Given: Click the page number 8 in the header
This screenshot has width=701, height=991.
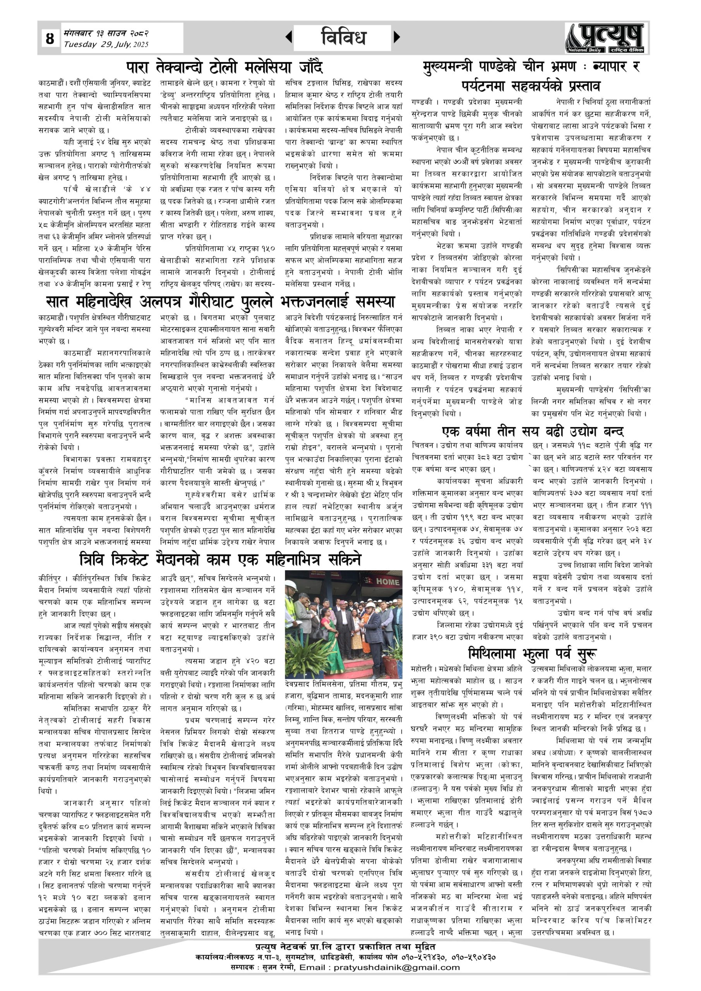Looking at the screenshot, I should click(50, 38).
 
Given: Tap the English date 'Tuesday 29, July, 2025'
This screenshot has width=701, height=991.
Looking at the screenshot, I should click(106, 45).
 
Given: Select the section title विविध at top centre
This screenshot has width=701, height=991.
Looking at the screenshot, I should click(343, 38).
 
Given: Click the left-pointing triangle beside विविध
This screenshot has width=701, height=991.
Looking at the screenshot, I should click(289, 38).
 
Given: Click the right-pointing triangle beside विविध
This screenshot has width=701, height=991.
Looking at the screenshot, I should click(397, 38).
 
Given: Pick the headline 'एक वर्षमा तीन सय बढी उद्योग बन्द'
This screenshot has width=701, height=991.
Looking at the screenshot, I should click(533, 431).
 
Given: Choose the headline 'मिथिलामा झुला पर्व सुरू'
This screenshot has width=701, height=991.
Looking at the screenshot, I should click(533, 653).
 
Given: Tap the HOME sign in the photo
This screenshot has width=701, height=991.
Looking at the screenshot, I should click(387, 582).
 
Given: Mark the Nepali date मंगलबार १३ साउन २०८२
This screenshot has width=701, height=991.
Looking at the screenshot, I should click(106, 33).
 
